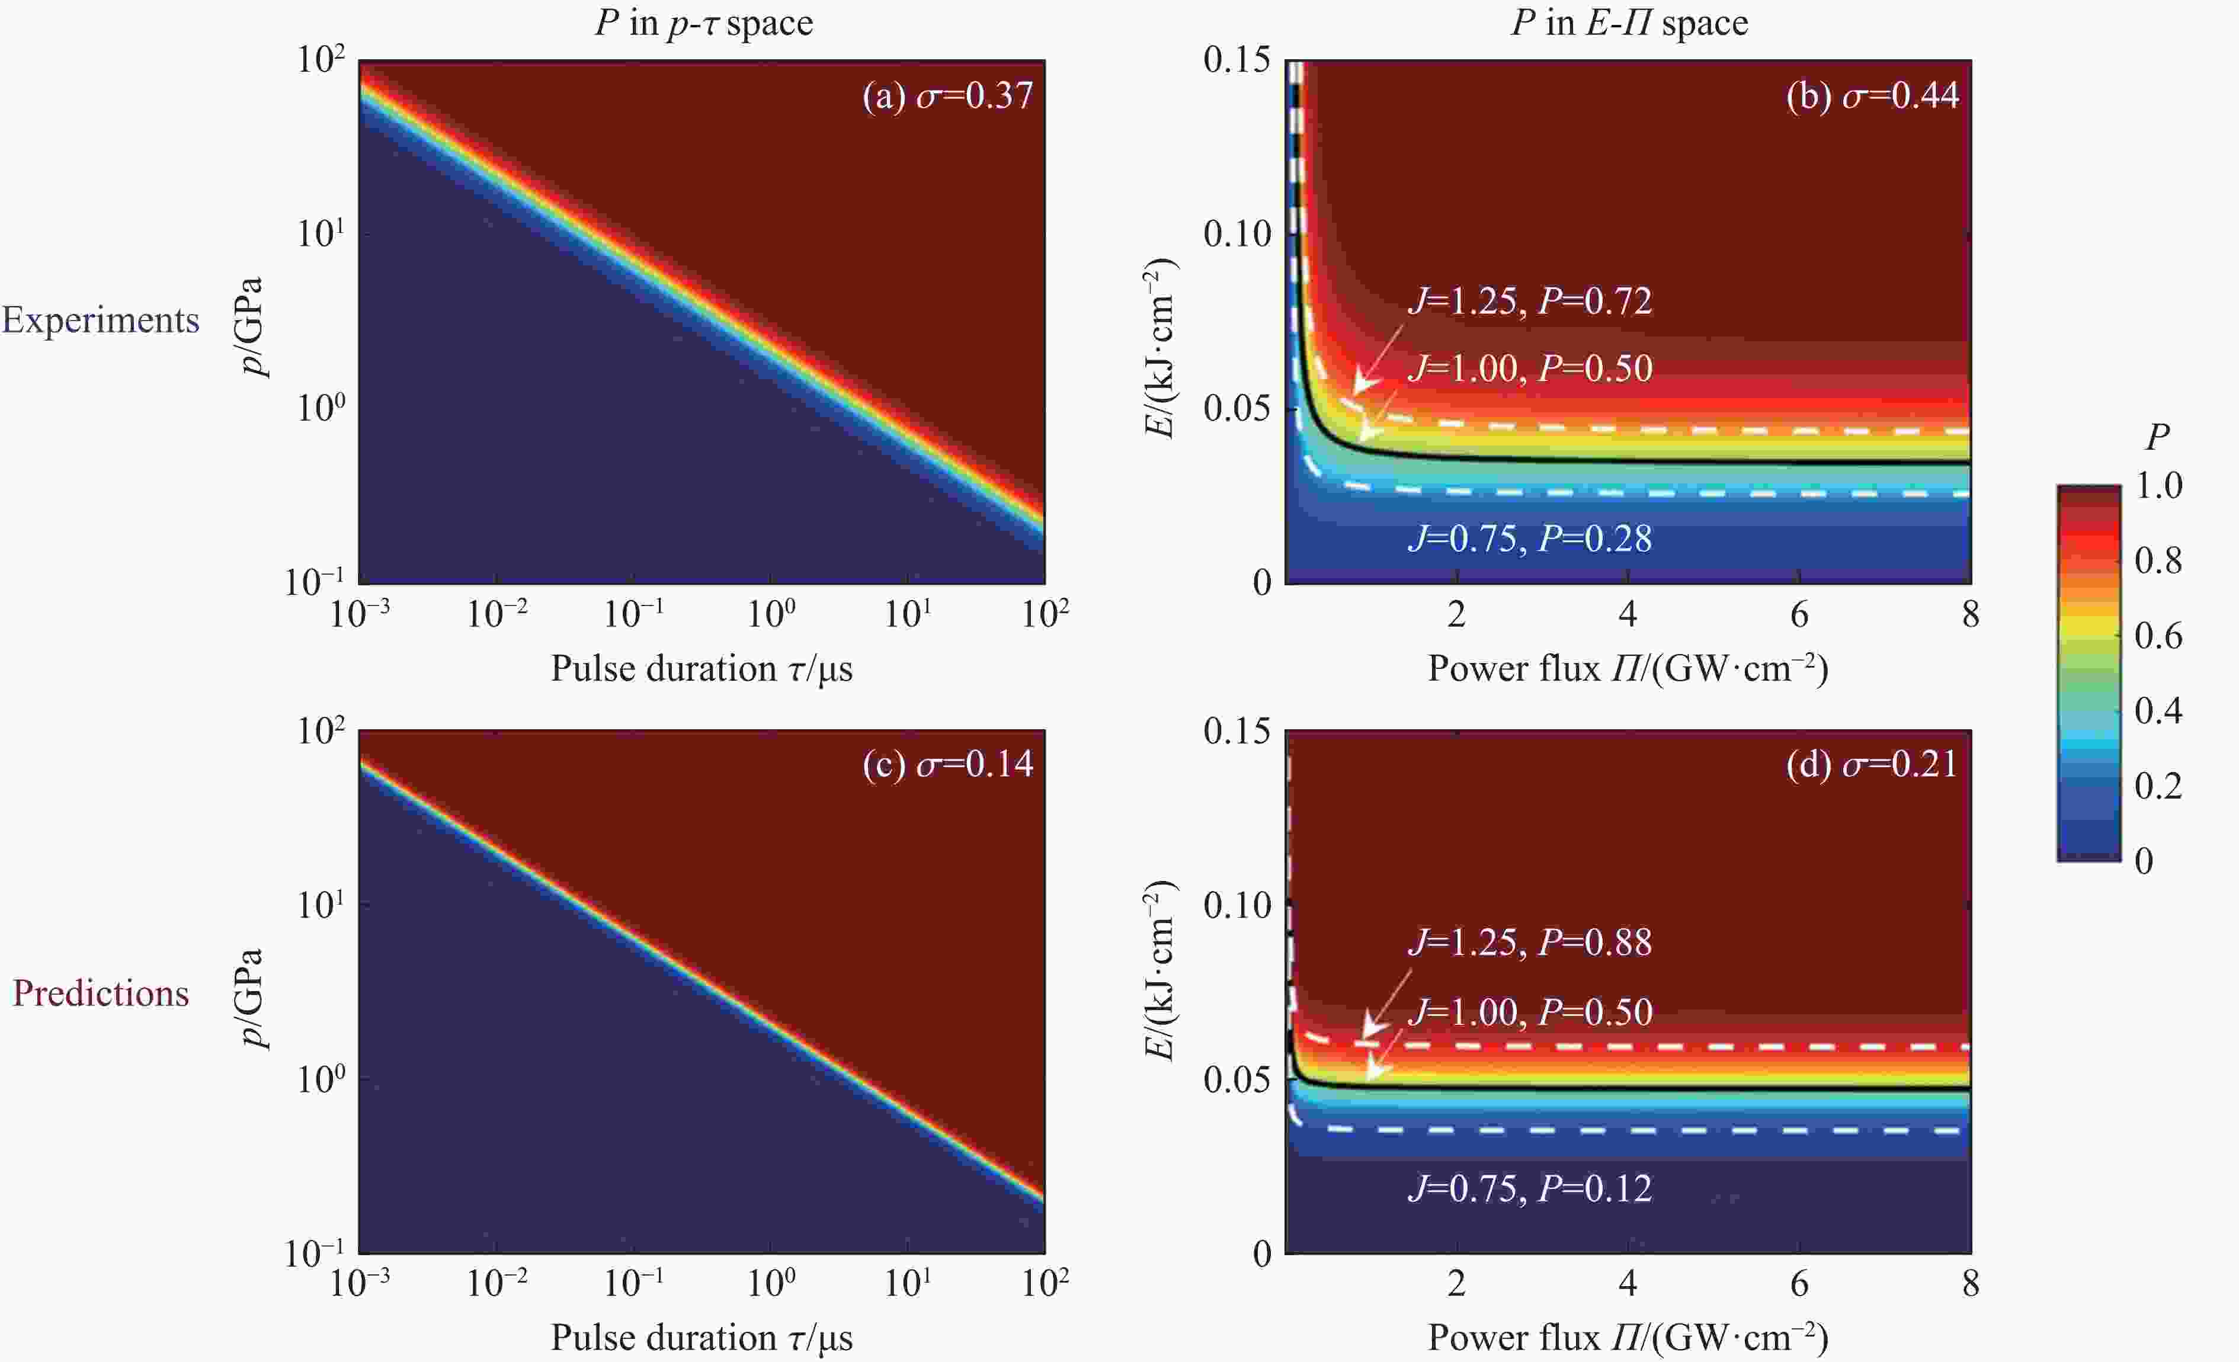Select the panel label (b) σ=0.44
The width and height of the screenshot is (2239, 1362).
(1872, 95)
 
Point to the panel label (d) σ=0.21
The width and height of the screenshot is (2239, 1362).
(1872, 764)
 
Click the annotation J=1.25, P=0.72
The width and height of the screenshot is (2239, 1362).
(1529, 301)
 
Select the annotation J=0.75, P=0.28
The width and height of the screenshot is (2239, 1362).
(1529, 539)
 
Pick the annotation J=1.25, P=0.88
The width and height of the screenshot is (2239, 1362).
(1529, 942)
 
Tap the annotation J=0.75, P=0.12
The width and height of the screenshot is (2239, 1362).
(1529, 1188)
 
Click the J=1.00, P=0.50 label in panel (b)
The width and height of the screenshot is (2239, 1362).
(1529, 368)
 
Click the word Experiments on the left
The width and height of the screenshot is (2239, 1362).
(100, 320)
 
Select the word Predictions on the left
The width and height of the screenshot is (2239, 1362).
(100, 993)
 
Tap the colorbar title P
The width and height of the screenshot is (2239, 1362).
(2157, 437)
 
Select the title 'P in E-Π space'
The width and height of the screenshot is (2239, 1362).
(1628, 23)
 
